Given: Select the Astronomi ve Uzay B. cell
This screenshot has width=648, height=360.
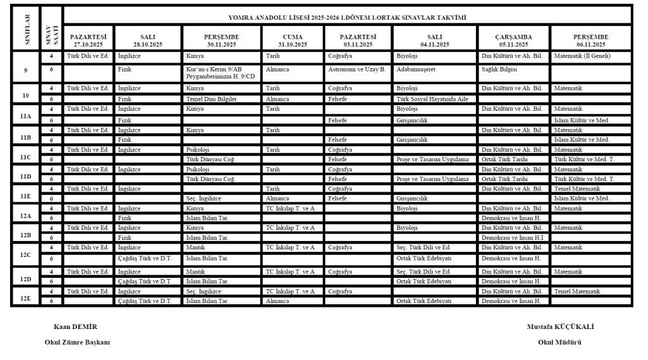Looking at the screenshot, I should (x=357, y=69).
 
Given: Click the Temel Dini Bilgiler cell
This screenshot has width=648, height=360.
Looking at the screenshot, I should (x=210, y=99).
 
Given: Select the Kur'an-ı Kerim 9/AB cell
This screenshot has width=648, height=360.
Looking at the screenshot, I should (x=210, y=69).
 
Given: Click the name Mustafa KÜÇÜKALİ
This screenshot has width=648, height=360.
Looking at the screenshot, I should (x=560, y=326).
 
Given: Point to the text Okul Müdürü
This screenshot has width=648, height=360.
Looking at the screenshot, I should (x=559, y=342).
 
